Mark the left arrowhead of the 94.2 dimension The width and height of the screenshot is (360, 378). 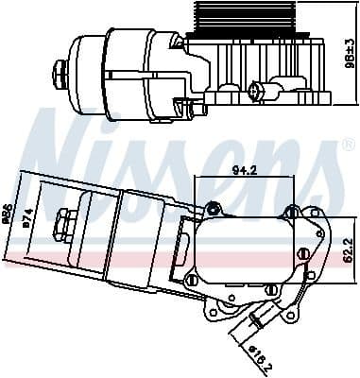click(x=196, y=179)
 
